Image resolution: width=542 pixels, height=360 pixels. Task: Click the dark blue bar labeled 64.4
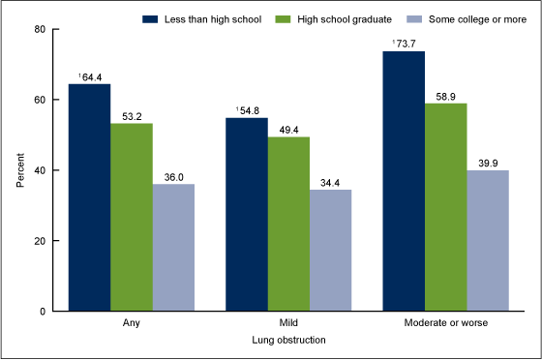(89, 197)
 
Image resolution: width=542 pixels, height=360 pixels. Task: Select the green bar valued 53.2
(132, 217)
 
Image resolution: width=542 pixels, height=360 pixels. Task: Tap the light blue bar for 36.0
(173, 248)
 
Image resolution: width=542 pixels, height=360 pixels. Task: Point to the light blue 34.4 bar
(331, 251)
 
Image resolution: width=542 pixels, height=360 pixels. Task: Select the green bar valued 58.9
(446, 207)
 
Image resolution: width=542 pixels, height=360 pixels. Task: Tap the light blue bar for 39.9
(488, 241)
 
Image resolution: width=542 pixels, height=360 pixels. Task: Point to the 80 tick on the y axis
(43, 29)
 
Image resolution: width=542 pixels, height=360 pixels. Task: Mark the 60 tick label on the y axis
(43, 100)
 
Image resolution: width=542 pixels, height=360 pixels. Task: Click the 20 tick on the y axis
(43, 241)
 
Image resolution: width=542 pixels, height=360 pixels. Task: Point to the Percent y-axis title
(20, 170)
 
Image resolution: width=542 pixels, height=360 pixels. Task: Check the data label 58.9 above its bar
(446, 96)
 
